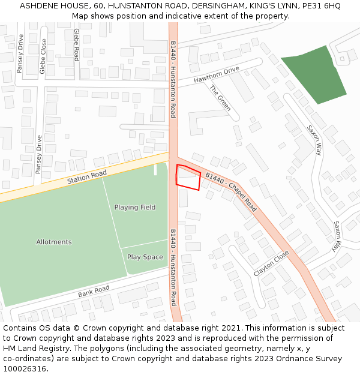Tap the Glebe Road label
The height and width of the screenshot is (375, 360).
point(76,44)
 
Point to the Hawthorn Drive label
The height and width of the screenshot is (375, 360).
point(216,75)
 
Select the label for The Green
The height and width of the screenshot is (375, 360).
point(220,98)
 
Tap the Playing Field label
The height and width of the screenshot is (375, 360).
point(135,208)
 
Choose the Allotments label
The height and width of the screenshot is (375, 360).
point(54,242)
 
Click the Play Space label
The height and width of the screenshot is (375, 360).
point(145,257)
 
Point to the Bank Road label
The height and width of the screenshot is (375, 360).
point(94,292)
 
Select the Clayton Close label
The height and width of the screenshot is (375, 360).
point(271,263)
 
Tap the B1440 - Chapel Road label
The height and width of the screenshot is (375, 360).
point(231,192)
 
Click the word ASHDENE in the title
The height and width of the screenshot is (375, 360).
point(42,5)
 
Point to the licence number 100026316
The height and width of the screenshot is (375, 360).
point(26,368)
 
